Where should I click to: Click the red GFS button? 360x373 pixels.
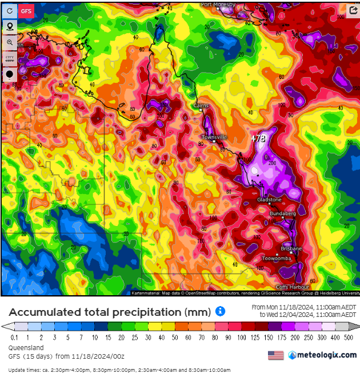pyautogui.click(x=26, y=10)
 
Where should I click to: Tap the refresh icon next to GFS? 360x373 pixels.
pyautogui.click(x=9, y=10)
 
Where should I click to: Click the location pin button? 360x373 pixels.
pyautogui.click(x=9, y=26)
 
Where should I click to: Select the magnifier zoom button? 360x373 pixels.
pyautogui.click(x=9, y=42)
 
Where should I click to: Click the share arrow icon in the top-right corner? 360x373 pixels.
pyautogui.click(x=353, y=10)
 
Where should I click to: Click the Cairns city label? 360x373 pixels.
pyautogui.click(x=201, y=106)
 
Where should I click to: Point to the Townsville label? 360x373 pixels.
pyautogui.click(x=214, y=137)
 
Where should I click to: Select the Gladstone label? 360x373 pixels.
pyautogui.click(x=269, y=200)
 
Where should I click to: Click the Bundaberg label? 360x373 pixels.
pyautogui.click(x=283, y=213)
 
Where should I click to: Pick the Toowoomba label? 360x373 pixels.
pyautogui.click(x=277, y=259)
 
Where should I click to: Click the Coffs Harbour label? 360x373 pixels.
pyautogui.click(x=290, y=287)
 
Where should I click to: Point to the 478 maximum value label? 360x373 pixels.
pyautogui.click(x=259, y=138)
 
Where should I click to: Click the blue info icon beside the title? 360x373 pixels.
pyautogui.click(x=221, y=311)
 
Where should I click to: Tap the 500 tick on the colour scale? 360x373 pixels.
pyautogui.click(x=349, y=338)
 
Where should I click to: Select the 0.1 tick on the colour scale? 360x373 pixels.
pyautogui.click(x=13, y=338)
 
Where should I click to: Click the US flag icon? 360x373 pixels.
pyautogui.click(x=275, y=355)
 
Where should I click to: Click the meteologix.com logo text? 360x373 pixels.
pyautogui.click(x=327, y=355)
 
